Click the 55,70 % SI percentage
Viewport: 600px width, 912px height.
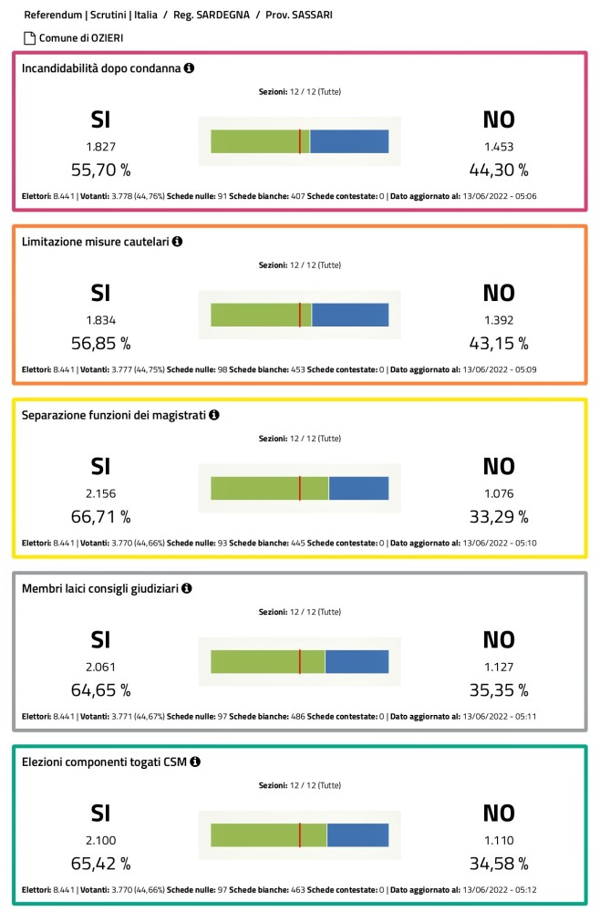coord(100,169)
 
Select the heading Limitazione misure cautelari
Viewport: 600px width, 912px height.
coord(95,242)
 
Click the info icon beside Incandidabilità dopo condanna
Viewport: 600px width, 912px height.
coord(189,68)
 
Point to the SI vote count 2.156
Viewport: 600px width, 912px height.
coord(100,493)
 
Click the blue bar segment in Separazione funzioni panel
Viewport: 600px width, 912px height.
coord(358,488)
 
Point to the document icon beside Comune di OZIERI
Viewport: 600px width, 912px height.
coord(29,38)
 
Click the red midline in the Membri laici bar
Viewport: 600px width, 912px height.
coord(300,661)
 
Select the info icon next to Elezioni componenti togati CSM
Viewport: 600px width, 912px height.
coord(195,762)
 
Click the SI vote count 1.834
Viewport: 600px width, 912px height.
coord(100,320)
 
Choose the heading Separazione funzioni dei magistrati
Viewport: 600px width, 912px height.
coord(114,415)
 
